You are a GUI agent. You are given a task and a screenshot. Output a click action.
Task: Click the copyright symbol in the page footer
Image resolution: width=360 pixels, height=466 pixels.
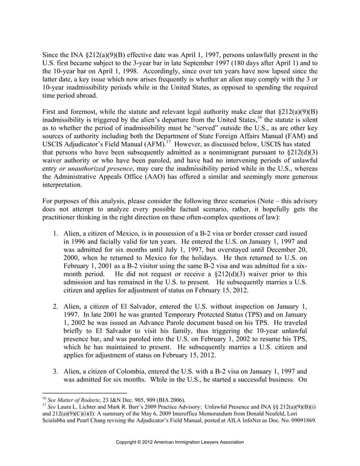click(143, 442)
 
